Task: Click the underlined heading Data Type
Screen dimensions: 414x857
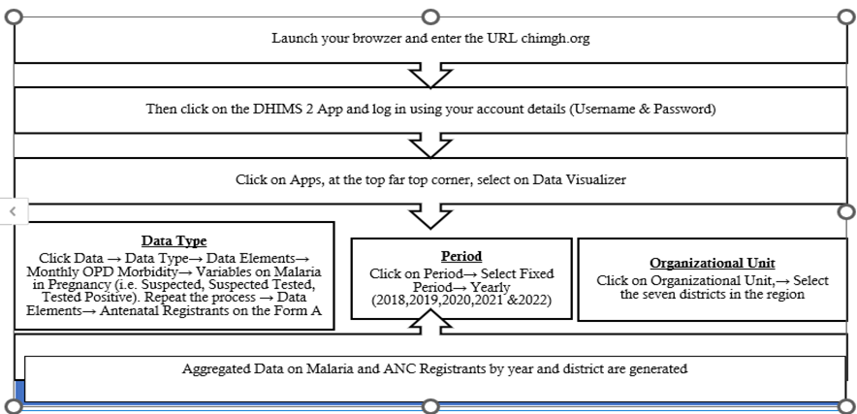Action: [174, 240]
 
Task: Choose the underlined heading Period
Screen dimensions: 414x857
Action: [461, 256]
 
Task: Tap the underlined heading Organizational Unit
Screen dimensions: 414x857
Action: [712, 263]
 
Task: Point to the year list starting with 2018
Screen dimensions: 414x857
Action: [461, 302]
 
